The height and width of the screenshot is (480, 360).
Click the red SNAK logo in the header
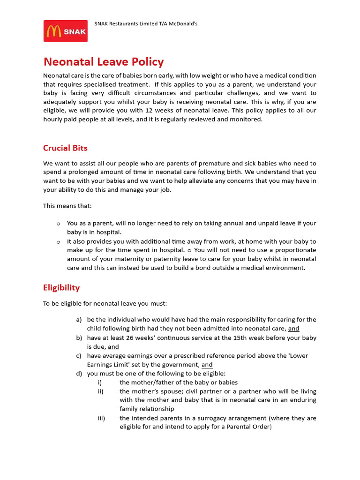pos(66,31)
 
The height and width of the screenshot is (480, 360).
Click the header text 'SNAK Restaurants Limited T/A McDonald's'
pos(146,23)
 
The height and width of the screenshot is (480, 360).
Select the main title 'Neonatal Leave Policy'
pos(104,62)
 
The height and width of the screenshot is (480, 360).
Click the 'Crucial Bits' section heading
pos(65,148)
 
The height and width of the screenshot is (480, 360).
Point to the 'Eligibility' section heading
pos(61,288)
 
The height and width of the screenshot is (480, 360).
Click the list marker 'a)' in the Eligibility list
pos(79,320)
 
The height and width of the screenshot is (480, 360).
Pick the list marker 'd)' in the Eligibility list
pos(79,374)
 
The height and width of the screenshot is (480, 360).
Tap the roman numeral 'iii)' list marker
pos(102,418)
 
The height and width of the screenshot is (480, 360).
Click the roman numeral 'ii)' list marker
pos(101,391)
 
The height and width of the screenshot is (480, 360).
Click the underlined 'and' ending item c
pos(207,365)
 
